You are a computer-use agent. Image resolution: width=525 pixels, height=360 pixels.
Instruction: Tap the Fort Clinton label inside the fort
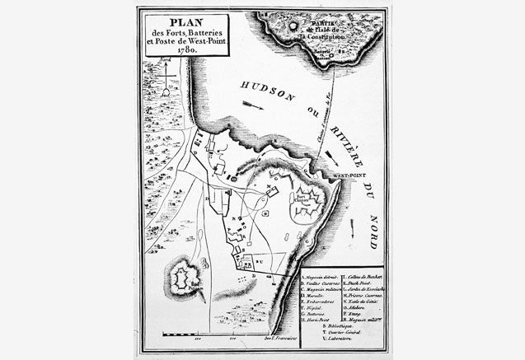(300, 198)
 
